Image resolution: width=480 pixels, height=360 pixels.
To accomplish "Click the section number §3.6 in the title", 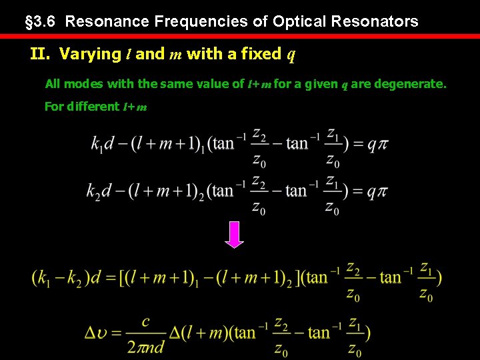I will (x=42, y=21).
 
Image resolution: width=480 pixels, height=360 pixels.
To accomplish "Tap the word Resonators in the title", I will (x=379, y=21).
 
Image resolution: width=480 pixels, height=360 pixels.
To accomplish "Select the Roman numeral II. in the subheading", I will (x=42, y=54).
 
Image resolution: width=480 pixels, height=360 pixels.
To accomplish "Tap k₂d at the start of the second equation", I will (x=99, y=190).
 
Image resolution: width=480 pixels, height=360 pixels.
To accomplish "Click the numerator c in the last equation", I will (x=146, y=321).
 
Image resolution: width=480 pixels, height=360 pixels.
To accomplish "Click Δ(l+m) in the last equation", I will (x=200, y=331).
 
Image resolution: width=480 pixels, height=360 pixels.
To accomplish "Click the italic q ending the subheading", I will (x=291, y=55).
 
